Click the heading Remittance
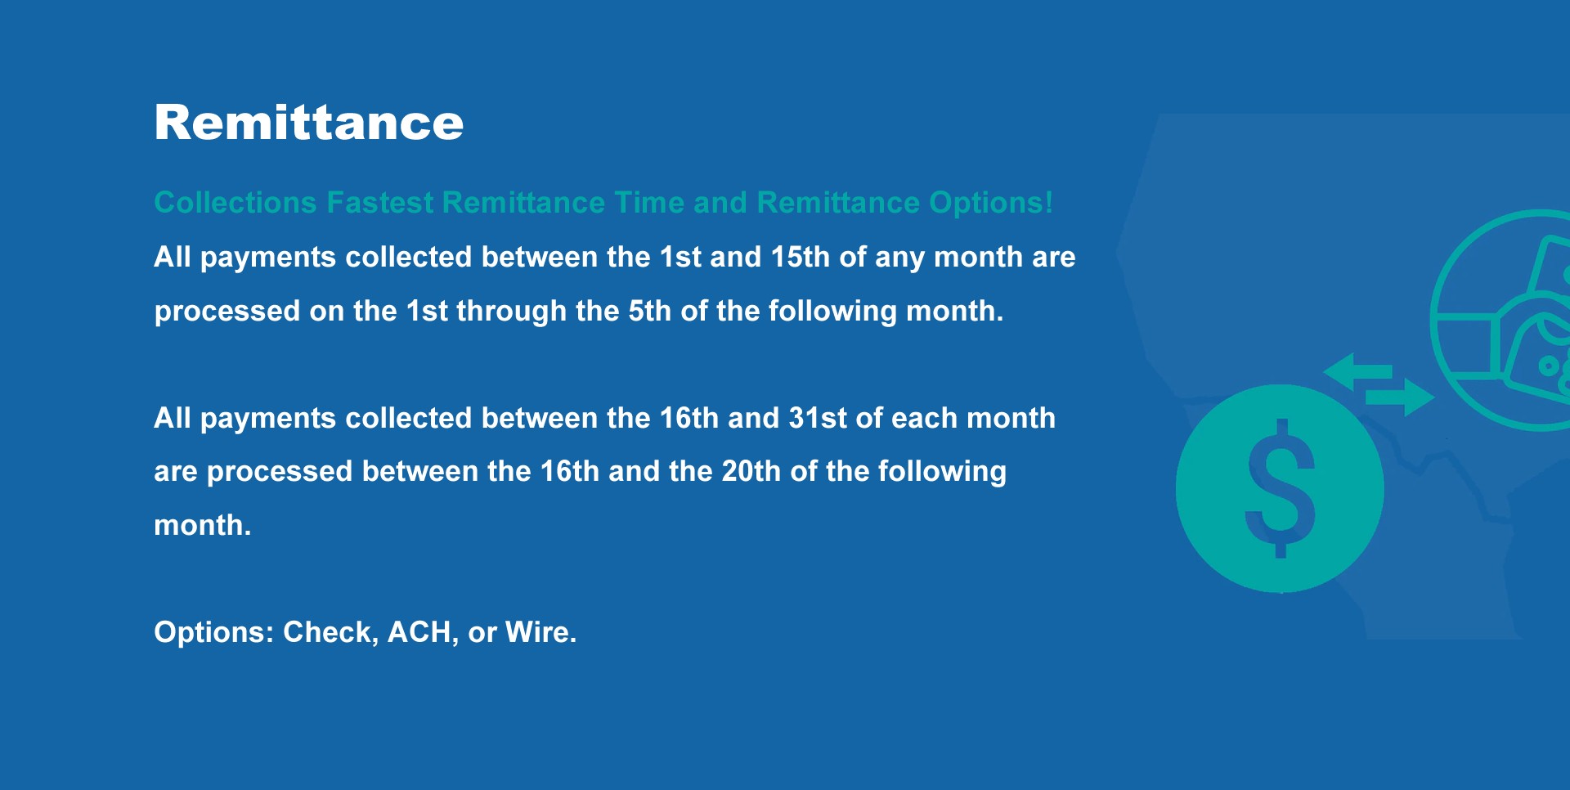point(309,123)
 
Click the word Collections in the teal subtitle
point(235,203)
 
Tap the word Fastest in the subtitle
point(380,203)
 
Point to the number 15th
point(801,257)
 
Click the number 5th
point(649,311)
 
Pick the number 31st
point(818,418)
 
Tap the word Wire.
point(541,632)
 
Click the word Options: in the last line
point(214,633)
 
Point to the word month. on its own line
point(203,525)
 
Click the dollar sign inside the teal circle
point(1281,488)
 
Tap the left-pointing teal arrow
point(1357,372)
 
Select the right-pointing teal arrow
point(1400,397)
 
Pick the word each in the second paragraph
point(924,418)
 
